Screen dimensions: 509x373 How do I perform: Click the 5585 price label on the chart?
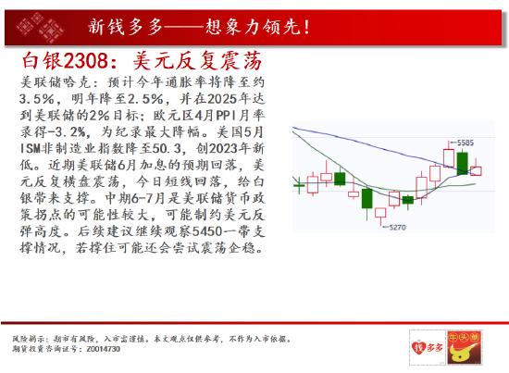coord(466,143)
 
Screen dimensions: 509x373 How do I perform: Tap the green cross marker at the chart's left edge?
coord(299,185)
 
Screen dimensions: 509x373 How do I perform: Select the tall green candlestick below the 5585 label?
coord(462,163)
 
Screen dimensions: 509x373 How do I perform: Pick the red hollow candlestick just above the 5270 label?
coord(380,213)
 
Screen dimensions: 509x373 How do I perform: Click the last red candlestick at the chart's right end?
coord(476,170)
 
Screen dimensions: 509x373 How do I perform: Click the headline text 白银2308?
coord(65,61)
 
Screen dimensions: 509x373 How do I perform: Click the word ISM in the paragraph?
coord(30,148)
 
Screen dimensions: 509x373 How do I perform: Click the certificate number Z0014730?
coord(104,349)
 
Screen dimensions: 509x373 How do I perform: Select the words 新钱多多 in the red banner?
coord(125,26)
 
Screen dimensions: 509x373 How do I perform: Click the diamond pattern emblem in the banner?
coord(40,28)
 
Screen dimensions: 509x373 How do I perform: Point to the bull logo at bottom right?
coord(465,347)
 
